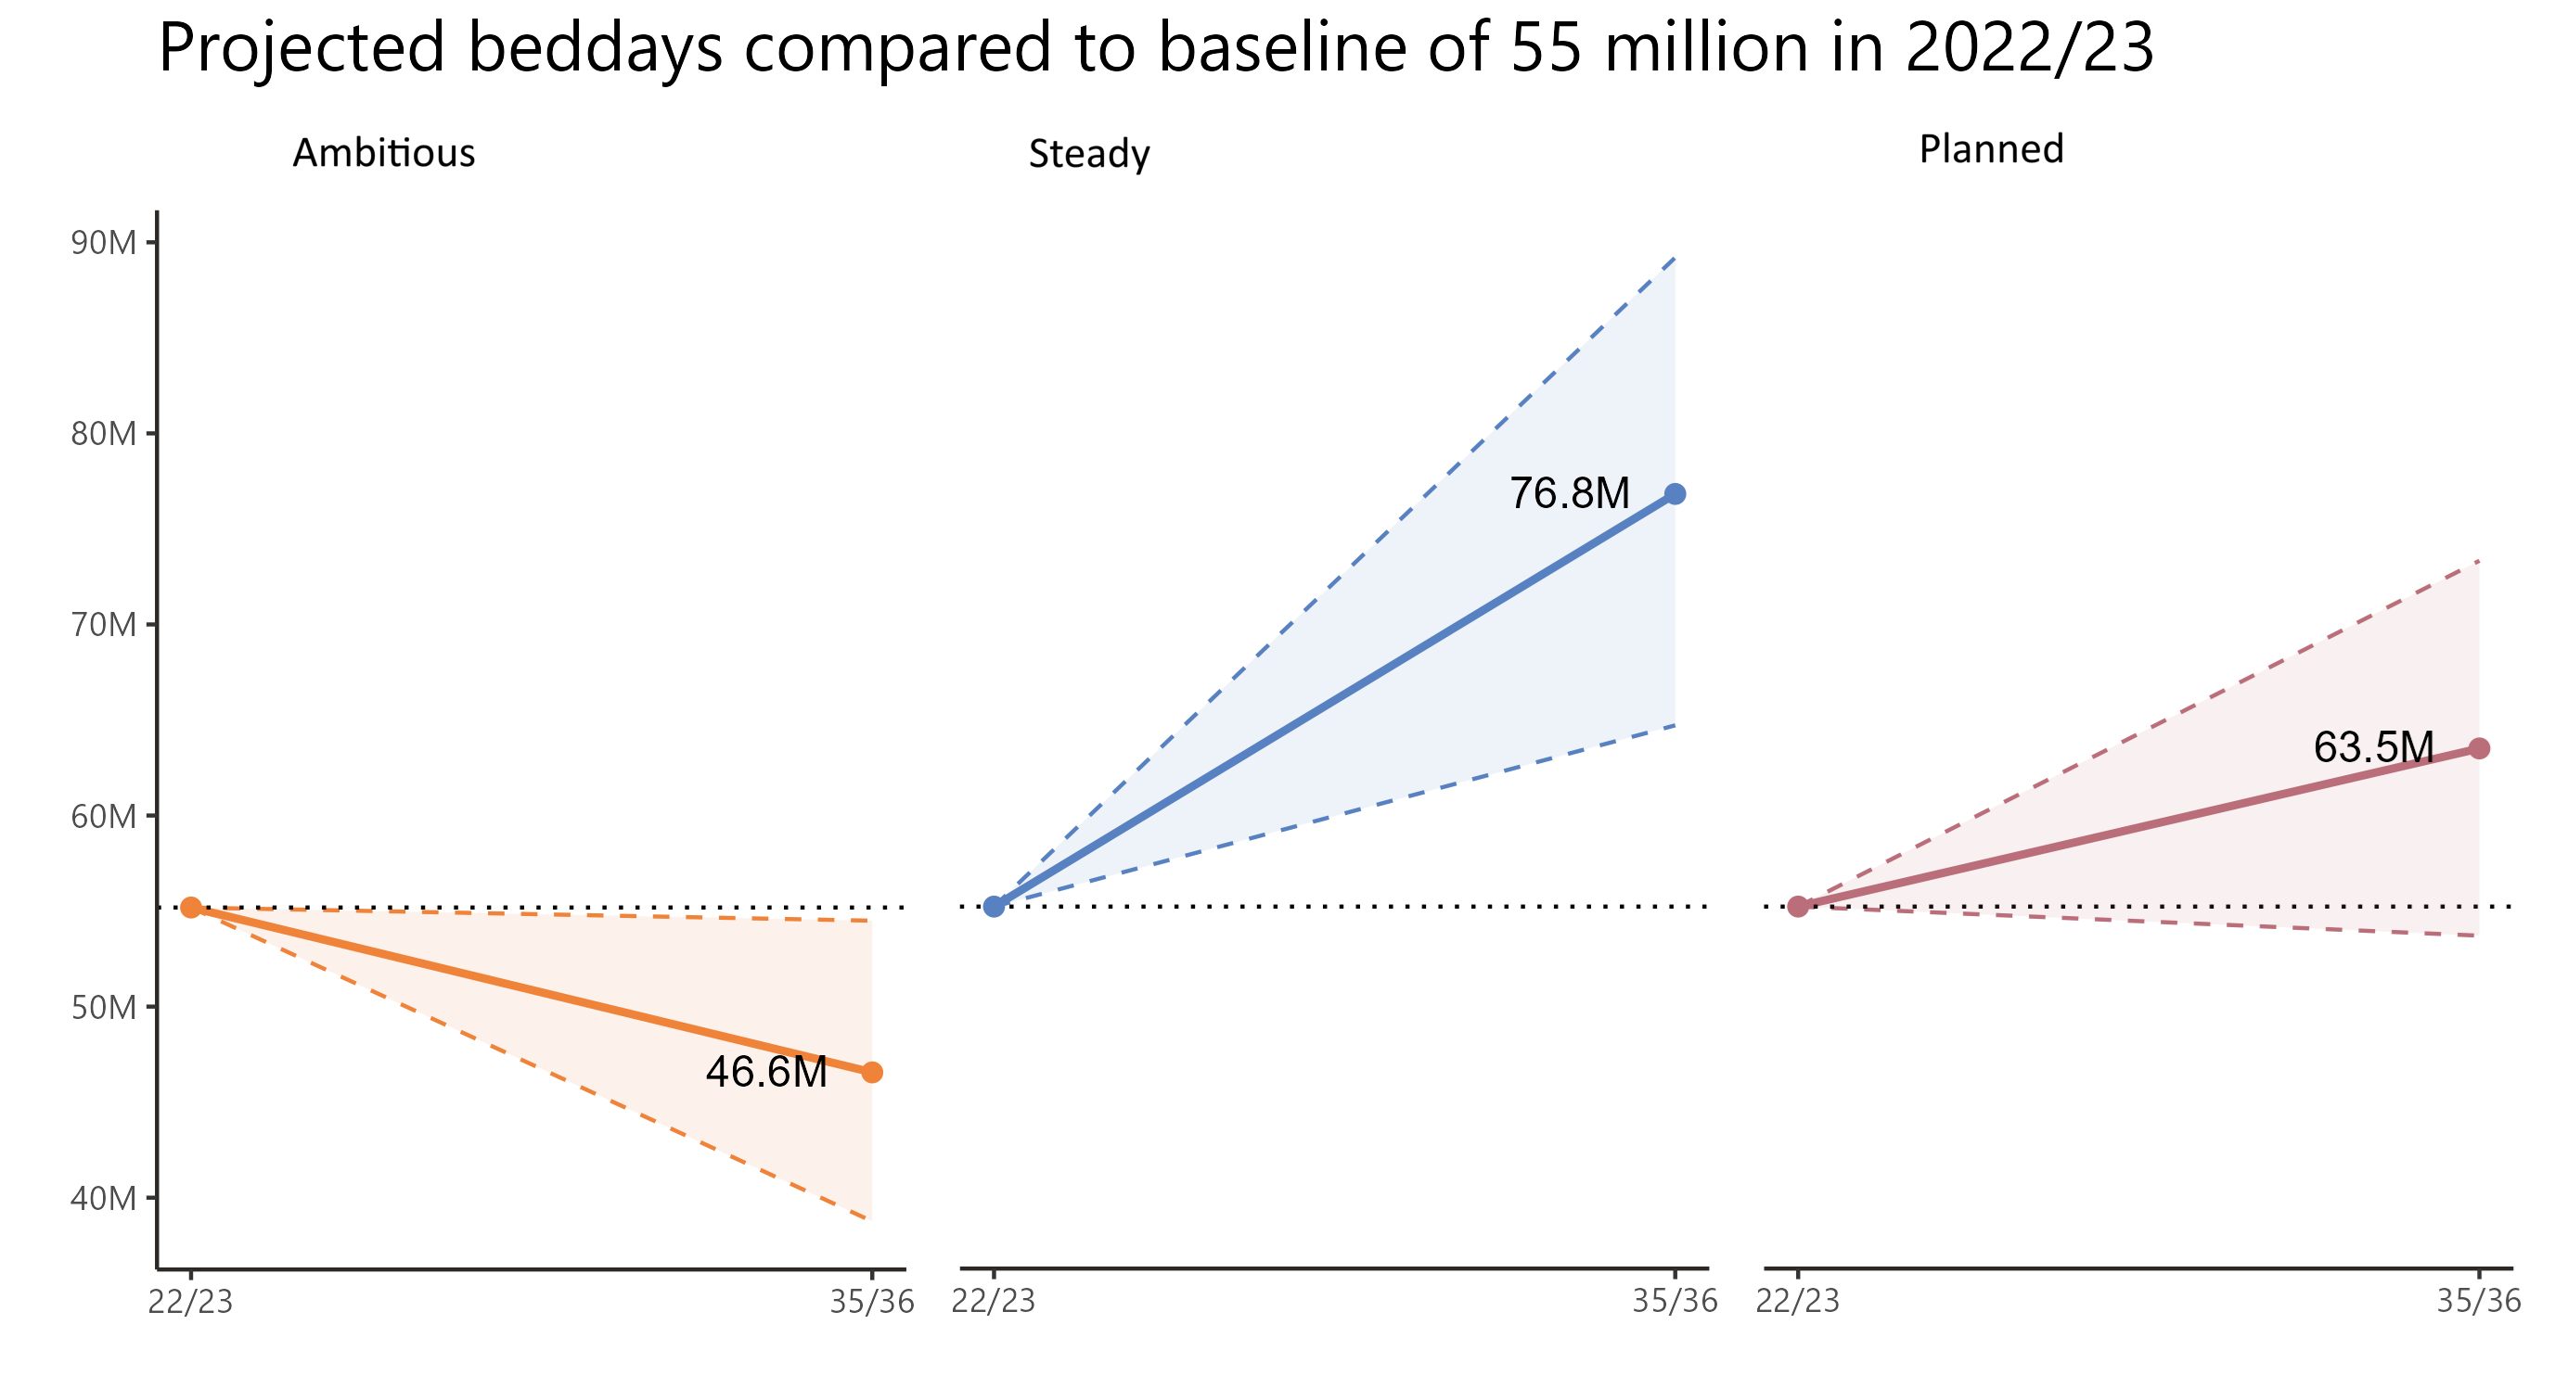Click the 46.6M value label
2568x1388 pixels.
pos(765,1072)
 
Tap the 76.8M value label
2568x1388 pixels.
pos(1569,493)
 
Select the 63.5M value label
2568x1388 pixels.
pos(2372,747)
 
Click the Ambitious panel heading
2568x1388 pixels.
pos(384,153)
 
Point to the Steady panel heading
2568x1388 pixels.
pos(1088,155)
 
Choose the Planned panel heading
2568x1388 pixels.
pos(1991,149)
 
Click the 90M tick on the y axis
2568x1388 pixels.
pos(104,242)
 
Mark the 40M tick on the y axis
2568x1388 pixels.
pos(104,1198)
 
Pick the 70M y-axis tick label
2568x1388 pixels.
pos(104,625)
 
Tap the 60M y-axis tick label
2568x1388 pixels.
pos(104,816)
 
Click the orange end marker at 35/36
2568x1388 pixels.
pos(871,1072)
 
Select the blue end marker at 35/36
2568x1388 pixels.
pos(1675,494)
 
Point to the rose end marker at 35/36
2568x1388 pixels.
pos(2478,748)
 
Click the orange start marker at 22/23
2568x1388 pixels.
pos(191,908)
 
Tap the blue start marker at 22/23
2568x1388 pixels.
pos(994,907)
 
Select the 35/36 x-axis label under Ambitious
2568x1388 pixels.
pos(871,1302)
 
